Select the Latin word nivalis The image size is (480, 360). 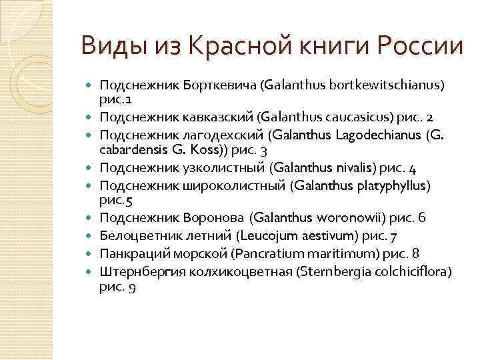pos(355,167)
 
